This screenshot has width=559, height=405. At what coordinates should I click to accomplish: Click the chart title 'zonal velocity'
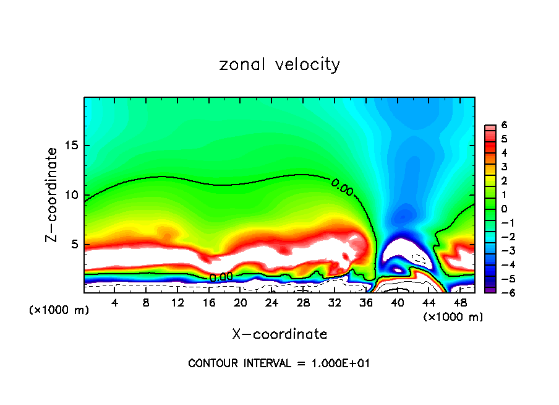click(x=279, y=64)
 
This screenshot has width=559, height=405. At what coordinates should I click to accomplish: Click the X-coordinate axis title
click(x=279, y=334)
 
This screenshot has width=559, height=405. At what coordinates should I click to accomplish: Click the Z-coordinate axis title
click(x=52, y=194)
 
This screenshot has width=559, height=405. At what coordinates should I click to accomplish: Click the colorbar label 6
click(x=504, y=124)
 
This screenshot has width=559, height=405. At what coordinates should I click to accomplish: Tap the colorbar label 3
click(x=504, y=167)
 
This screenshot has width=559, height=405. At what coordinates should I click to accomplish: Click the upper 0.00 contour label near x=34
click(x=342, y=186)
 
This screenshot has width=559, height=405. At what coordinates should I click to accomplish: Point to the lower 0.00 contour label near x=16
click(x=221, y=277)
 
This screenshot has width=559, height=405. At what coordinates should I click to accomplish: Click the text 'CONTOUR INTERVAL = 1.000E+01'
click(x=279, y=364)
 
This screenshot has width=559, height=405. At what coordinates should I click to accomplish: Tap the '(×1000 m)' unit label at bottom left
click(x=59, y=310)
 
